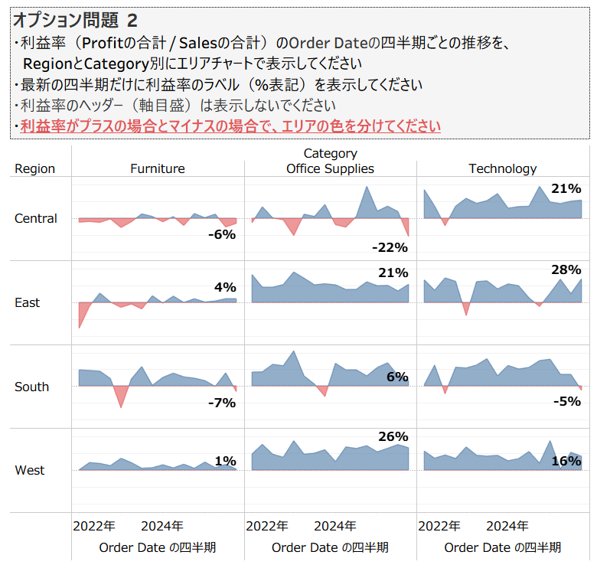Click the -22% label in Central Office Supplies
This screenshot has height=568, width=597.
tap(390, 247)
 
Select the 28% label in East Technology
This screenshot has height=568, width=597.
tap(566, 269)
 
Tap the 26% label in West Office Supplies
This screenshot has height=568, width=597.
tap(393, 437)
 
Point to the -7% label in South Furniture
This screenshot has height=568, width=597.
tap(222, 403)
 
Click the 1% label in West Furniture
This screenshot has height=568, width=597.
tap(225, 461)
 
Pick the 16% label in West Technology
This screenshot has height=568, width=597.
tap(566, 461)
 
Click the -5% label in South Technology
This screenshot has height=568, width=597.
tap(566, 400)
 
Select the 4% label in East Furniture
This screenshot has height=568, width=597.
tap(225, 288)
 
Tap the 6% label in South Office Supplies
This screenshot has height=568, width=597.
tap(397, 377)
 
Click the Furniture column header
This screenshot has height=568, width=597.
tap(158, 168)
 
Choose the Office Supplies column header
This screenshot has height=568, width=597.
tap(330, 168)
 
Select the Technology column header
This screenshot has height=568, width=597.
tap(503, 168)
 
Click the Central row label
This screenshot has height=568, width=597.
tap(36, 219)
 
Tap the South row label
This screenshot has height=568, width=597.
tap(32, 387)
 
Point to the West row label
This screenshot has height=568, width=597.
tap(30, 470)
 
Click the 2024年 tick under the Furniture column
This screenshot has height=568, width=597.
tap(162, 526)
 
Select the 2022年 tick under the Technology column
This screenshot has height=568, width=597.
tap(439, 526)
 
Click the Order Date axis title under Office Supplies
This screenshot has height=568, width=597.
tap(330, 547)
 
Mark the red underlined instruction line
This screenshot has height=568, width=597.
tap(230, 126)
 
